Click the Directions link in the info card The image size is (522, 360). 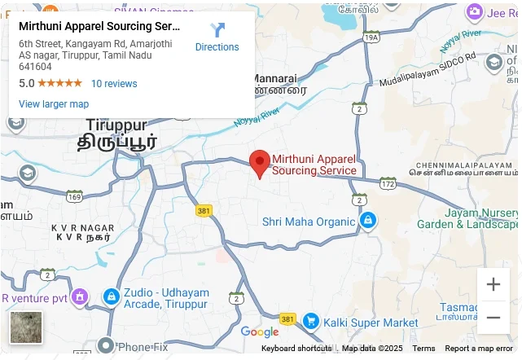pos(217,37)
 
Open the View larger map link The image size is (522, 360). pos(54,104)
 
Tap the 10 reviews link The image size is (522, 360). pos(114,84)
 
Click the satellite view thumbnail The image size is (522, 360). pos(26,327)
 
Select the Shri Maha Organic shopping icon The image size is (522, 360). pos(368,221)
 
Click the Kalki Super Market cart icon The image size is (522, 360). pos(310,322)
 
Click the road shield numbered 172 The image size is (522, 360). pos(388,184)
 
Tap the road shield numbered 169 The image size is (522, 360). pos(75,196)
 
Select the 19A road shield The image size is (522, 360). pos(371,37)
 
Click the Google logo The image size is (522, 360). pos(260,332)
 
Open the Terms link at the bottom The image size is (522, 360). pos(423,349)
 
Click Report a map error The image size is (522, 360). pos(479,349)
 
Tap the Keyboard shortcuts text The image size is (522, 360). pos(296,349)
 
